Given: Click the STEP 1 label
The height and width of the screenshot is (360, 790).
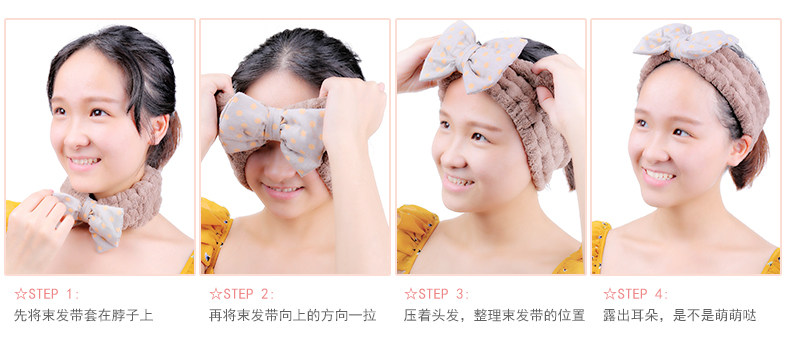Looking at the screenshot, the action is coord(53,294).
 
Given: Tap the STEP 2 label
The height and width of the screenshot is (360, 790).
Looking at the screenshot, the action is coord(248,294).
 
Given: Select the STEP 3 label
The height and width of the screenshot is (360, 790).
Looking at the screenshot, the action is coord(443,294).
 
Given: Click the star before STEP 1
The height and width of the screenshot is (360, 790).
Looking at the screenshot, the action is coord(21,294).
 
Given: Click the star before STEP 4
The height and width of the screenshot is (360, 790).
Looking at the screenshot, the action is coord(610,294).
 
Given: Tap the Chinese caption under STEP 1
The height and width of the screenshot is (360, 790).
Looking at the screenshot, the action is coord(84,316).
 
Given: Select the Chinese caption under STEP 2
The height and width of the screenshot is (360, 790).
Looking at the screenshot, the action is coord(293,316).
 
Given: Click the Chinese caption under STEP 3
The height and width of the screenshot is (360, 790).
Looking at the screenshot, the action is coord(494,316).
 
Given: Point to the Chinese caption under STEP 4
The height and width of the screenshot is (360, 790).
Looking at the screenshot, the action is coord(680,316).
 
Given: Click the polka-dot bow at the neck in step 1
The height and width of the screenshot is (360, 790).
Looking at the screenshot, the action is coord(93,219).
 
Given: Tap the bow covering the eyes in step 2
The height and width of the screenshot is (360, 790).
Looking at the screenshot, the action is coord(273,131).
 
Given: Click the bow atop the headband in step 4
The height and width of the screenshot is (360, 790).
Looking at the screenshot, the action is coord(684,41).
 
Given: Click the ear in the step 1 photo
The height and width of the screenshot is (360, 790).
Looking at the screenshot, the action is coord(160,129).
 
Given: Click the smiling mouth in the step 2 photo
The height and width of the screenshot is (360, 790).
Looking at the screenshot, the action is coord(283,190).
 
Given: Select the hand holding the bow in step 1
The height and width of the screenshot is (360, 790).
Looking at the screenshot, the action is coord(38,227).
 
